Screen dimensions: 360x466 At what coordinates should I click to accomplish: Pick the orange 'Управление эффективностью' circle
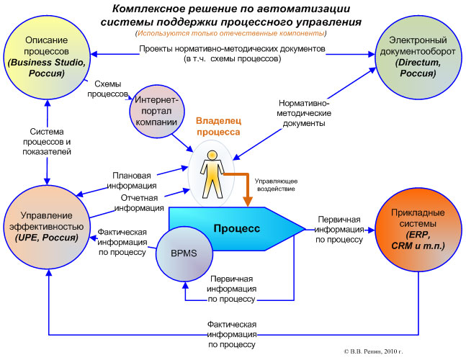47,221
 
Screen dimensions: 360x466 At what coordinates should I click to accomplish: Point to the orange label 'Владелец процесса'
219,127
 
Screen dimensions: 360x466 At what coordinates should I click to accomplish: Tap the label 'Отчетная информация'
140,204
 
